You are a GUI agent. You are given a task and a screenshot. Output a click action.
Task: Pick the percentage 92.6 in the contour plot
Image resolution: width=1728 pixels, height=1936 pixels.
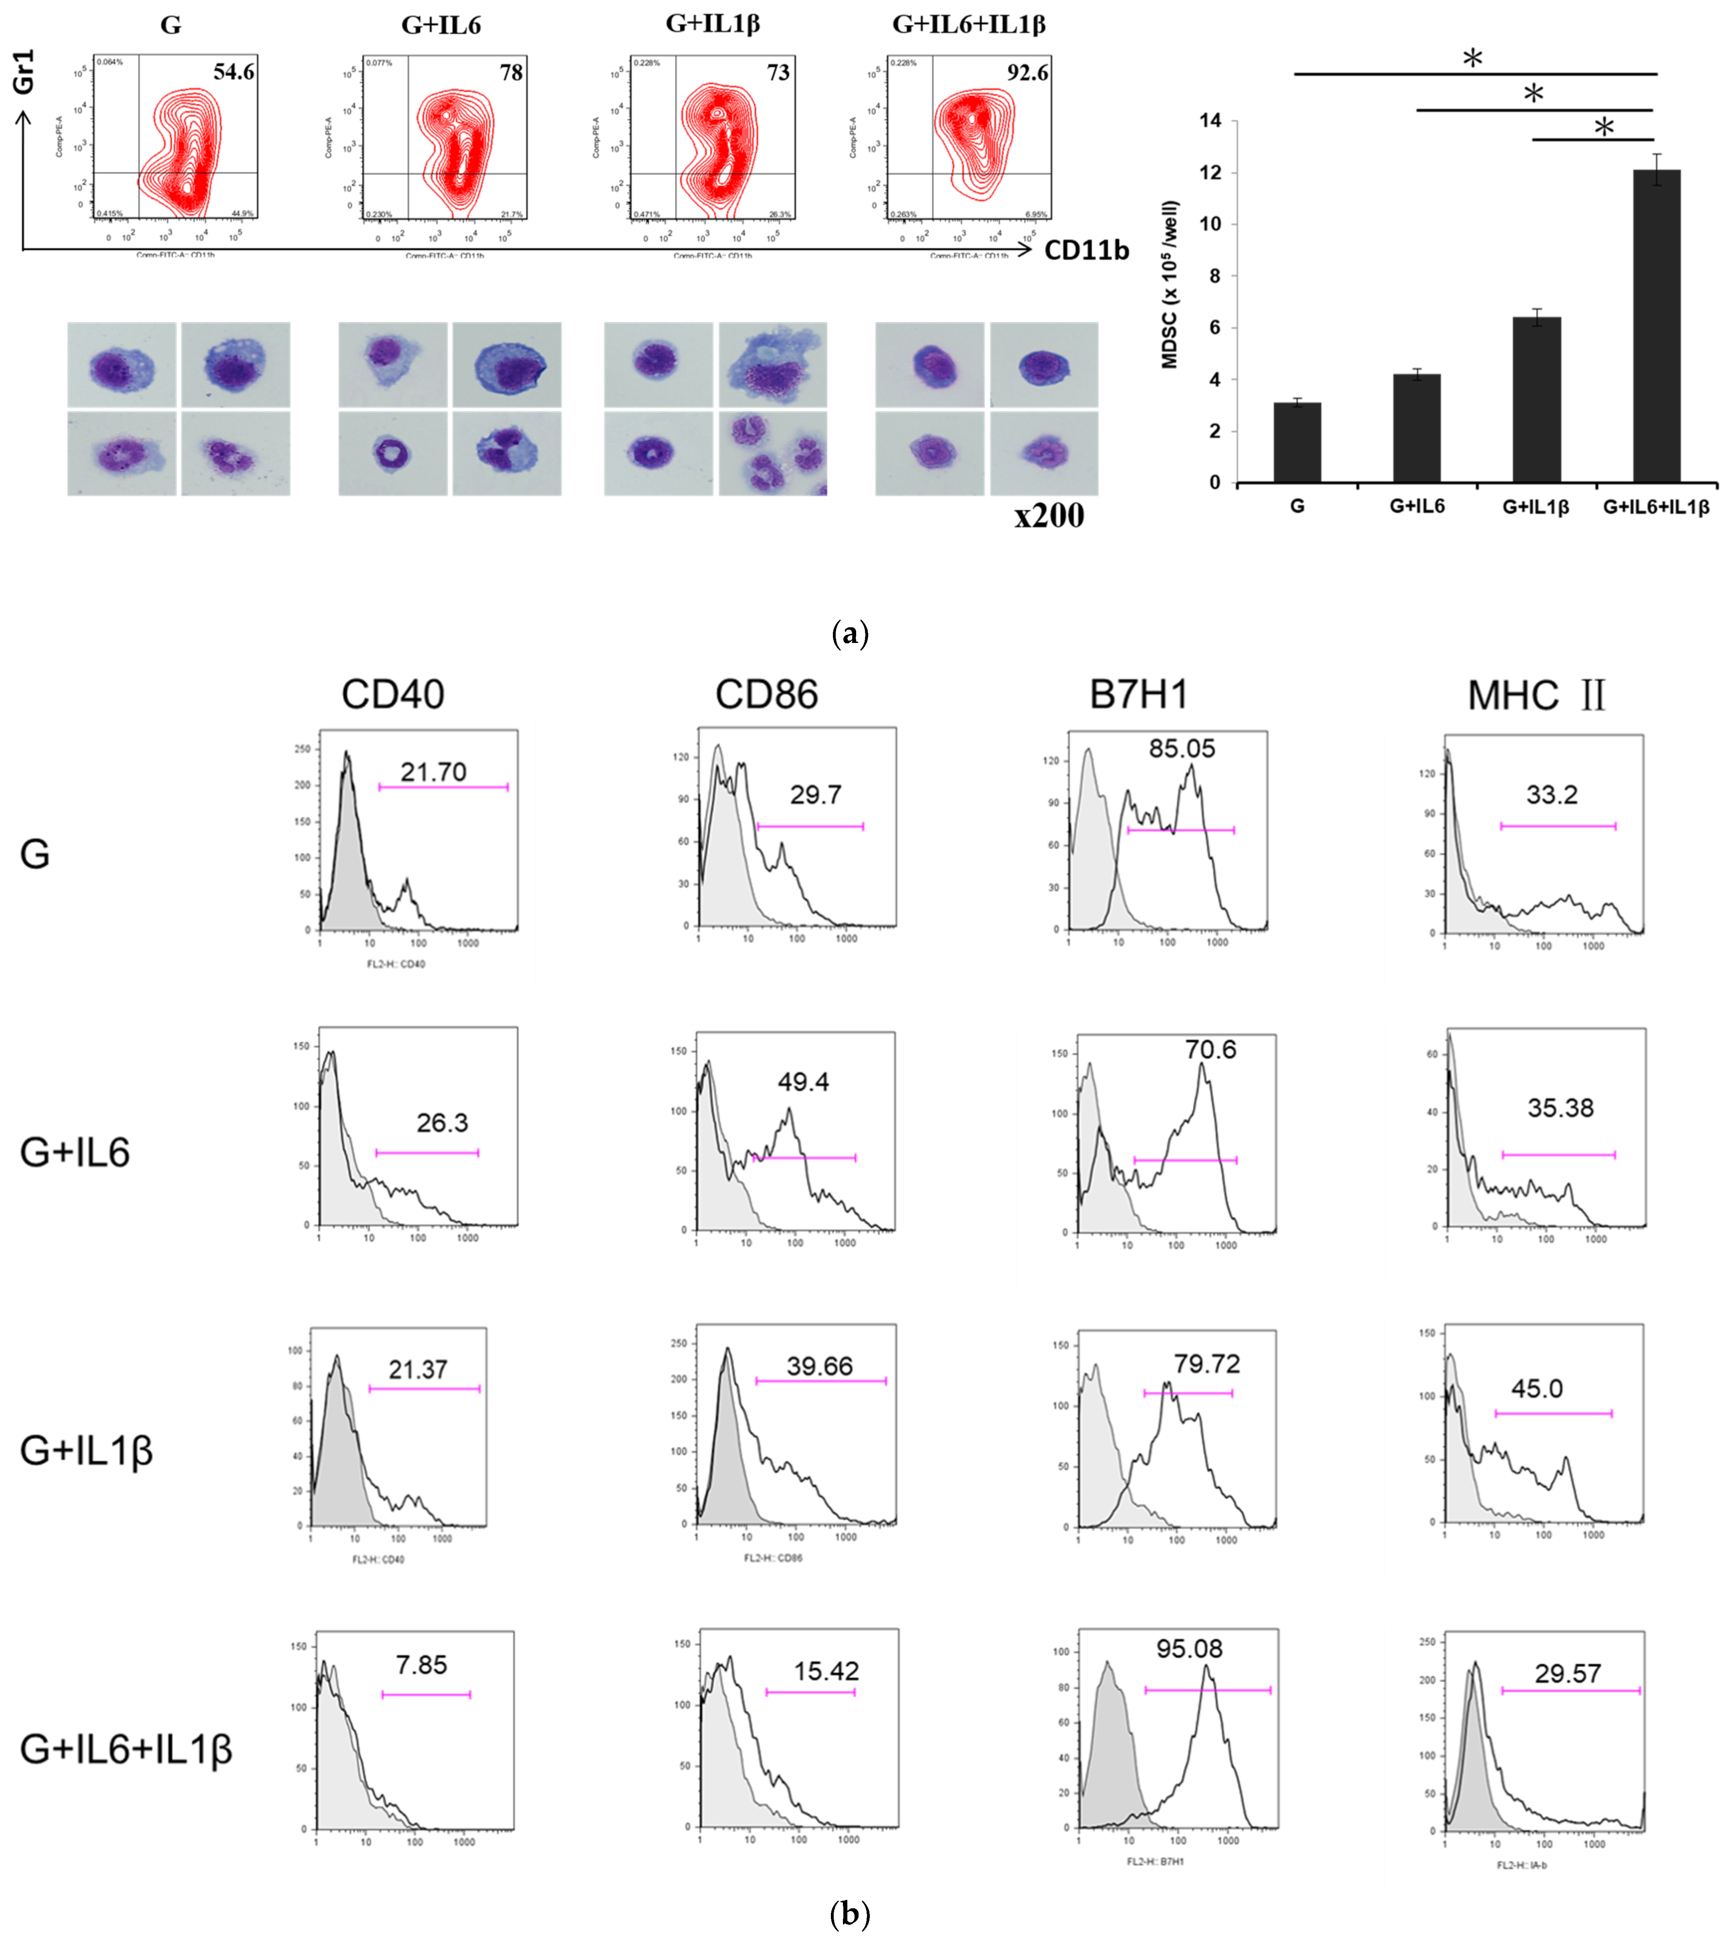[x=1027, y=73]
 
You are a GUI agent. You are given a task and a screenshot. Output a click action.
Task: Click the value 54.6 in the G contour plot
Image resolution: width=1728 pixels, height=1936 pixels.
[x=234, y=72]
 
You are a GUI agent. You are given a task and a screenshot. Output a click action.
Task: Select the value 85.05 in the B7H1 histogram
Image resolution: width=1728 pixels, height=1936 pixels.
[x=1181, y=749]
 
